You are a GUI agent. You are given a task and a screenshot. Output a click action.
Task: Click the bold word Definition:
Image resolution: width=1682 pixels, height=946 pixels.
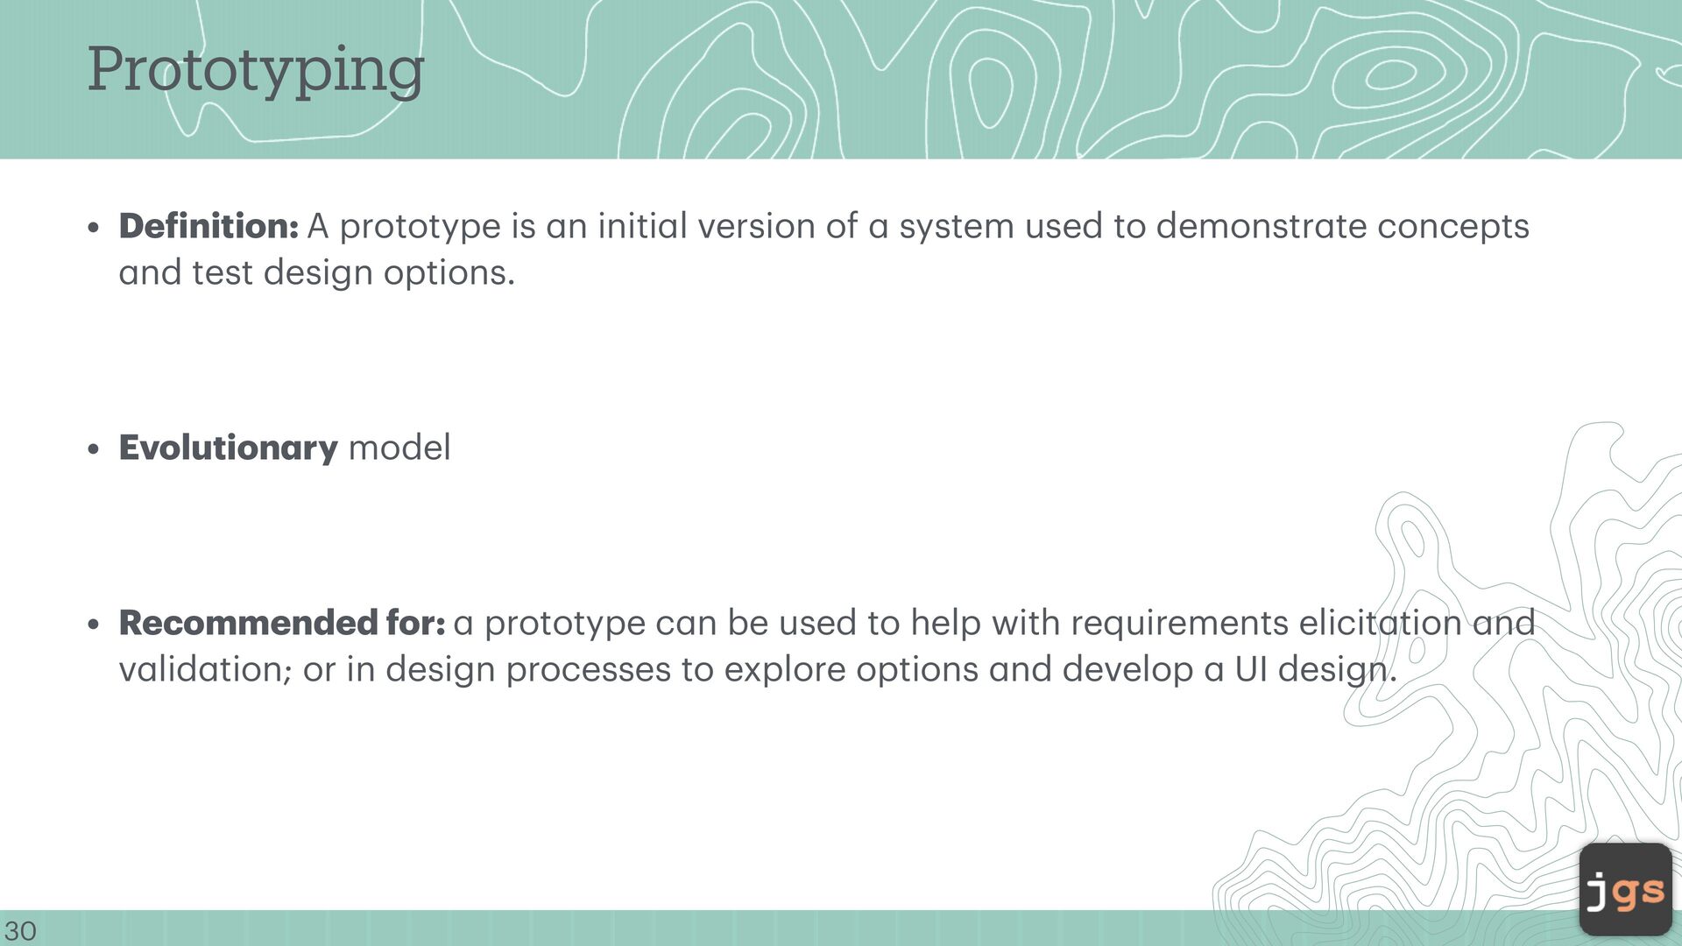(208, 226)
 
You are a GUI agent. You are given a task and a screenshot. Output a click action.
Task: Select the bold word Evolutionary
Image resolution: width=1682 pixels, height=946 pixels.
(228, 448)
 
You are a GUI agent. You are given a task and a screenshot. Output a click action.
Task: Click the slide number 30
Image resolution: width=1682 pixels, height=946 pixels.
(20, 930)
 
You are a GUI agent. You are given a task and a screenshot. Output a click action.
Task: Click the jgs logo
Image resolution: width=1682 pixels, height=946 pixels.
(1625, 889)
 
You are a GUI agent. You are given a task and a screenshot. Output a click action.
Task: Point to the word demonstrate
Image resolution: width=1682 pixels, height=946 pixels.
(1261, 226)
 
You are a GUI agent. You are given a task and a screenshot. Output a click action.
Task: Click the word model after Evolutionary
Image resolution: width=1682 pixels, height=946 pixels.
(399, 448)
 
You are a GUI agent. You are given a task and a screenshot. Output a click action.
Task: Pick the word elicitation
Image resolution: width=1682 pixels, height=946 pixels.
(1380, 623)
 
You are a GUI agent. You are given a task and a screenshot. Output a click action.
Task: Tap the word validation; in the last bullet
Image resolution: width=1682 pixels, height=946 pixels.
(205, 670)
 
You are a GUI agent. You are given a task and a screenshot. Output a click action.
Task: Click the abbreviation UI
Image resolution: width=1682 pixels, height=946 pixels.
(1251, 670)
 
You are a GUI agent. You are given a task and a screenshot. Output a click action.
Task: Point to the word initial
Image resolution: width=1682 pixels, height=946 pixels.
(643, 226)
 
